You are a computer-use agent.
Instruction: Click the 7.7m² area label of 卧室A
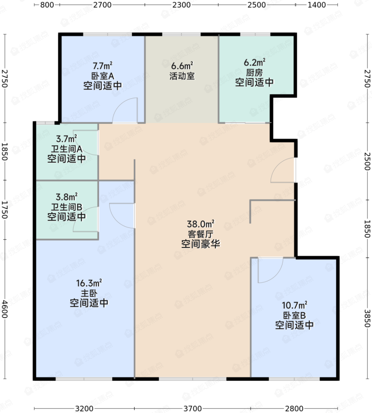(x=102, y=66)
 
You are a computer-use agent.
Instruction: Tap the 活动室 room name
(x=182, y=76)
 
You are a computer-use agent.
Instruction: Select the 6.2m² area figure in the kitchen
(x=255, y=62)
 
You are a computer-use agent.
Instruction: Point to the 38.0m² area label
(x=200, y=224)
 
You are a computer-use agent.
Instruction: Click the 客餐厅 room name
(x=200, y=234)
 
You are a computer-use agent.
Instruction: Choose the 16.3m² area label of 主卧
(x=89, y=283)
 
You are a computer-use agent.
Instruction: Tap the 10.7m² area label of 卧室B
(x=294, y=305)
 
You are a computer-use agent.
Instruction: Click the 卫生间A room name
(x=67, y=149)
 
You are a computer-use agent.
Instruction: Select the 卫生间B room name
(x=67, y=207)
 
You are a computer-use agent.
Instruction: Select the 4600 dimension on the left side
(x=5, y=309)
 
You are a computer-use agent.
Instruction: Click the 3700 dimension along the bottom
(x=193, y=408)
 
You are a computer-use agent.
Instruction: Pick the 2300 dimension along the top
(x=182, y=5)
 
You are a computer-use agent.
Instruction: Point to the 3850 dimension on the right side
(x=367, y=318)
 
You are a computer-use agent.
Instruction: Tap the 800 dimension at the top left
(x=47, y=5)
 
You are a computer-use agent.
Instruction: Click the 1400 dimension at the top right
(x=317, y=5)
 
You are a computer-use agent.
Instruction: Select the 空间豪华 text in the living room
(x=200, y=244)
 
